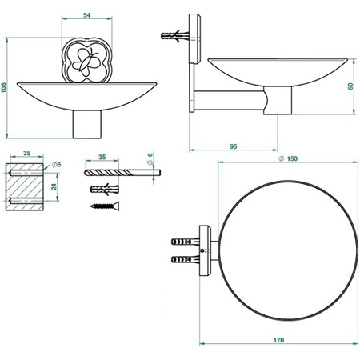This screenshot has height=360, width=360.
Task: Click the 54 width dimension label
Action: [x=87, y=15]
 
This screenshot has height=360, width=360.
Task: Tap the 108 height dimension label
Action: [x=4, y=88]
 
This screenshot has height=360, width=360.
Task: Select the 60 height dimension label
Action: [x=350, y=86]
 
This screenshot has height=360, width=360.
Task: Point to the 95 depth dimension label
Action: [x=234, y=146]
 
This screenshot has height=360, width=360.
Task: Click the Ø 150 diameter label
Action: [x=288, y=158]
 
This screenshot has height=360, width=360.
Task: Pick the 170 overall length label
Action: [x=278, y=340]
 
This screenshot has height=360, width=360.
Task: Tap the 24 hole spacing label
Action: [x=54, y=186]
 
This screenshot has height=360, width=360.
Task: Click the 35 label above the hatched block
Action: [x=26, y=154]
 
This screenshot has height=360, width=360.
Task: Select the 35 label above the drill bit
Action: [x=102, y=157]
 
